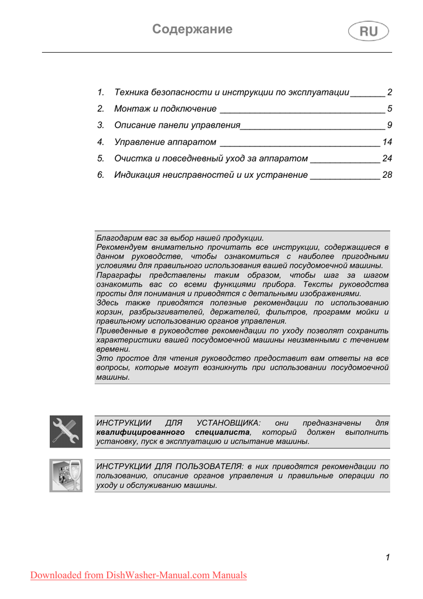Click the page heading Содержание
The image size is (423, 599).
coord(192,29)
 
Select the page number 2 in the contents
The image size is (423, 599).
coord(389,92)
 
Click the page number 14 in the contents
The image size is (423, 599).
coord(387,142)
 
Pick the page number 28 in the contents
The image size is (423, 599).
coord(387,175)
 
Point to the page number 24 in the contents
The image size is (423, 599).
coord(387,159)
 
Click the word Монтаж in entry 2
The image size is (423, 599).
coord(132,109)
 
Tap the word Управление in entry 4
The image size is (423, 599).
coord(140,142)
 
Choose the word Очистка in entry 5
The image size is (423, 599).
coord(133,159)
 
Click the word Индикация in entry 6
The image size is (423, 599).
coord(137,175)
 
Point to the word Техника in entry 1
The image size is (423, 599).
coord(132,92)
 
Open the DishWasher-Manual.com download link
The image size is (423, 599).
coord(139,576)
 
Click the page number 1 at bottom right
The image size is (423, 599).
coord(387,557)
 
